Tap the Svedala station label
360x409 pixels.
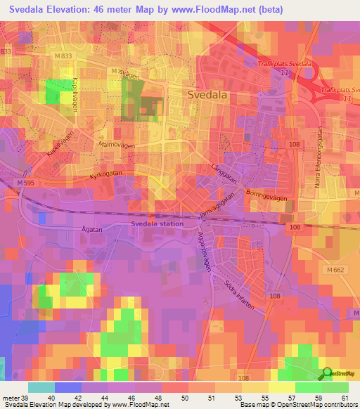tap(157, 223)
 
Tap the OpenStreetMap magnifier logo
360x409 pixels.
tap(326, 373)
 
